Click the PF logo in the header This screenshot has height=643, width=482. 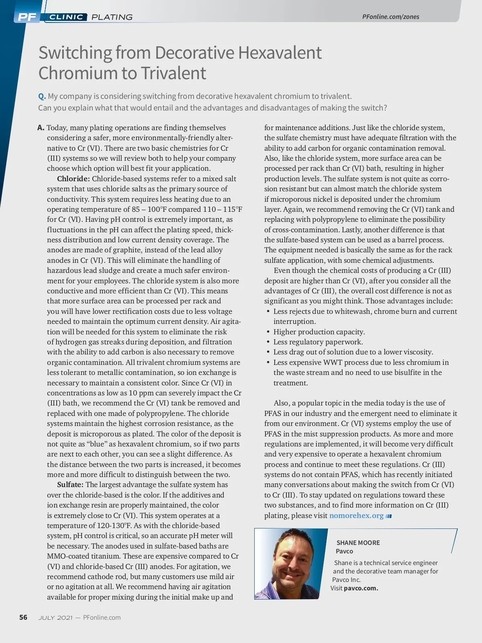pyautogui.click(x=27, y=17)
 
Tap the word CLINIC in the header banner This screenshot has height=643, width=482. pyautogui.click(x=66, y=17)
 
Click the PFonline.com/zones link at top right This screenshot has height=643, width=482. pyautogui.click(x=390, y=16)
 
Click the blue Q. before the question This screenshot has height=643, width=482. pyautogui.click(x=42, y=96)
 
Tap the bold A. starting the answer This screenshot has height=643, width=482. pyautogui.click(x=41, y=128)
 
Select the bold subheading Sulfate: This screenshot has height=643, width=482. pyautogui.click(x=70, y=485)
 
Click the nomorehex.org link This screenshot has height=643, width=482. pyautogui.click(x=356, y=516)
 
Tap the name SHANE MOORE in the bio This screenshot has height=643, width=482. pyautogui.click(x=358, y=543)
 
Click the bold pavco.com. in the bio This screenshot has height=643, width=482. pyautogui.click(x=361, y=588)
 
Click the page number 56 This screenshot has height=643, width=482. pyautogui.click(x=23, y=617)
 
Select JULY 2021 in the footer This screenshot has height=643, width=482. pyautogui.click(x=55, y=618)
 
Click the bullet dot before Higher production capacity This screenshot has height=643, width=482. pyautogui.click(x=268, y=332)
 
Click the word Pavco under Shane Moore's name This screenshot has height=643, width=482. pyautogui.click(x=344, y=551)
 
